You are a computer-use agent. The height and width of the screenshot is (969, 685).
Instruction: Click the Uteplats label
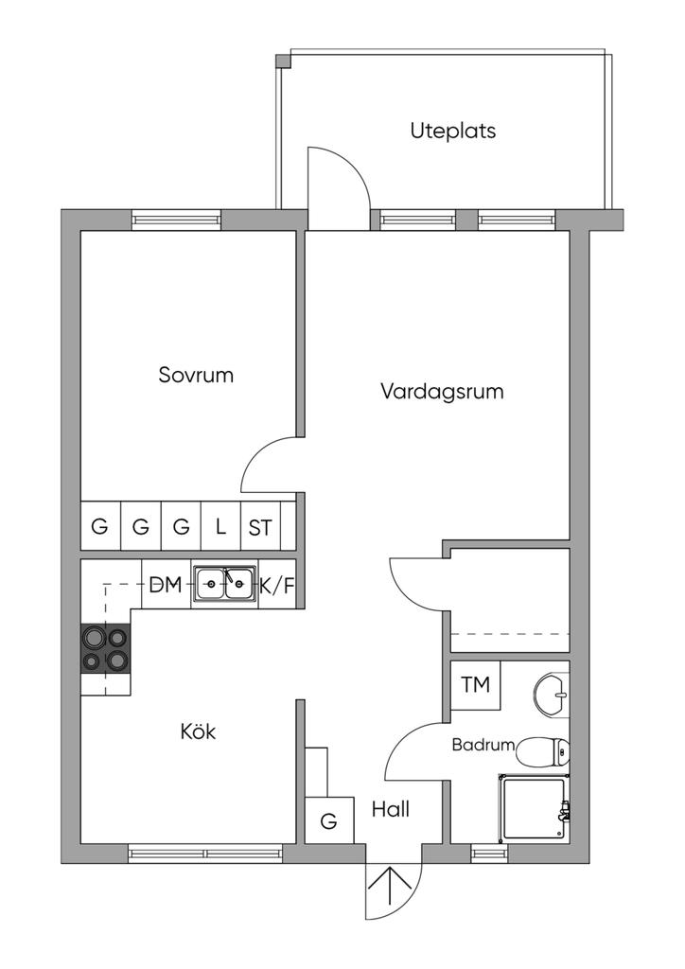452,131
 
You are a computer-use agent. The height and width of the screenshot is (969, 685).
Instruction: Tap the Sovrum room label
196,375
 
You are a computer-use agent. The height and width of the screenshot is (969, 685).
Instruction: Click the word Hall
391,809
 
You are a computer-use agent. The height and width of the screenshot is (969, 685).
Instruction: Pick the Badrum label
483,745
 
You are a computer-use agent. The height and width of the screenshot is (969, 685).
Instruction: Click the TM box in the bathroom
476,684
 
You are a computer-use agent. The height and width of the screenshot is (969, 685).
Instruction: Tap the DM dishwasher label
165,586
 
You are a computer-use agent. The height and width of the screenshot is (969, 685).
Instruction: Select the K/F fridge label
277,586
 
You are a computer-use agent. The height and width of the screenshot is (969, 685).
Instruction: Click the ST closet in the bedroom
260,528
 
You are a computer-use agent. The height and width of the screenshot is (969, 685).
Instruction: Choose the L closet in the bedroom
220,527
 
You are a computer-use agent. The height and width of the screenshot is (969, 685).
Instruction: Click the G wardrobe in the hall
328,820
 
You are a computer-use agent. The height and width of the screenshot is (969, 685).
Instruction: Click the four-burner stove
104,648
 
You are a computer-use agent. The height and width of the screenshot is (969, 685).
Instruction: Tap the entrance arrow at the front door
390,891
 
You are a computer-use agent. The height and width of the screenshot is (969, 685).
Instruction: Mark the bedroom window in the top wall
176,220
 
